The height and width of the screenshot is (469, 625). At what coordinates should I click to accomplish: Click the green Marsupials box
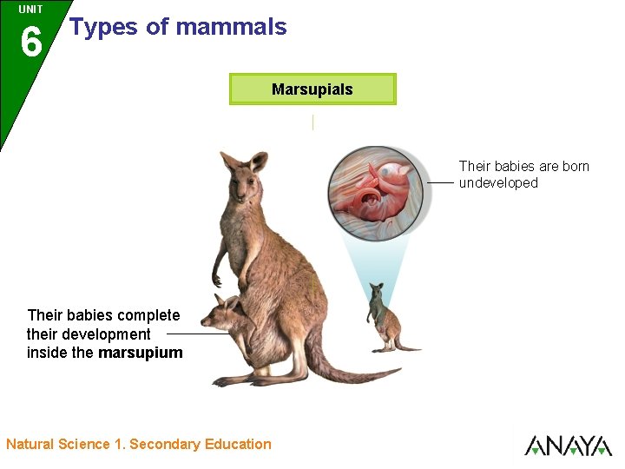[x=312, y=89]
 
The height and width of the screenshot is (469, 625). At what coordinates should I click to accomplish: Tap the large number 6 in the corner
[x=30, y=42]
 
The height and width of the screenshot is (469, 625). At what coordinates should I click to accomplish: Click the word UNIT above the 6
[x=30, y=10]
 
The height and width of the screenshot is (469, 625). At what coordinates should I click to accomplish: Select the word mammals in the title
[x=230, y=27]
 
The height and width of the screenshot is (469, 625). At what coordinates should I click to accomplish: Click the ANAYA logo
[x=568, y=446]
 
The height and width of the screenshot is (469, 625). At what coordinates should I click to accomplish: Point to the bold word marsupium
[x=141, y=353]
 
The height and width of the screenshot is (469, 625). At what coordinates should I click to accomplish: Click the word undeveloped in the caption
[x=498, y=183]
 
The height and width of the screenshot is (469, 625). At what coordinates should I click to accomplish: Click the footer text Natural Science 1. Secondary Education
[x=139, y=445]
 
